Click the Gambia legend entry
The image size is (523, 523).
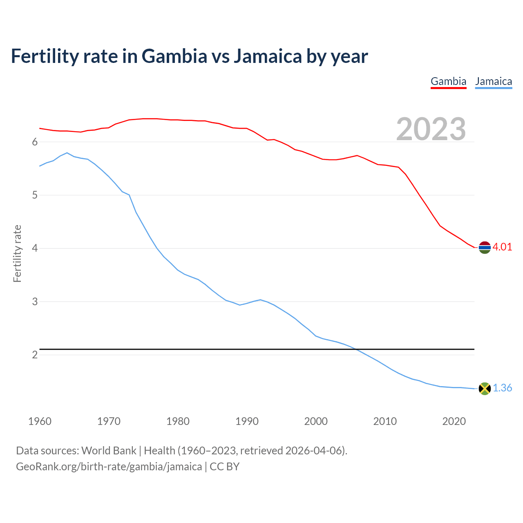(x=448, y=81)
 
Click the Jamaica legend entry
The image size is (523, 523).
(x=494, y=81)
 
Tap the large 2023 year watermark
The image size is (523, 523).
(x=431, y=129)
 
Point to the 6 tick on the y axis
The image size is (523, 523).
(x=35, y=142)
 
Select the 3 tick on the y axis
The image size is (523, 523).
(x=35, y=302)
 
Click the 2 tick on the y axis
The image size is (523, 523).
(x=35, y=355)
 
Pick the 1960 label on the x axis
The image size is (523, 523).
(x=40, y=421)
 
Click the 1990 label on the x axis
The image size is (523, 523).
(x=247, y=421)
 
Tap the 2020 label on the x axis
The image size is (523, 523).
(x=454, y=421)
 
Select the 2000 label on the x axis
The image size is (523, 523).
(x=316, y=421)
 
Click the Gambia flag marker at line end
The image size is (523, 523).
(x=485, y=247)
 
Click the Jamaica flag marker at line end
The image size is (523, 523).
(x=485, y=389)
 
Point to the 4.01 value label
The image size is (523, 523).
(x=502, y=247)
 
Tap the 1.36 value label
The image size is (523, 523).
(x=502, y=388)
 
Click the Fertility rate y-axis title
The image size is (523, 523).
(x=17, y=253)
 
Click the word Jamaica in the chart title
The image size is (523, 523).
(x=268, y=56)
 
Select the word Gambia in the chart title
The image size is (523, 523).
(x=174, y=56)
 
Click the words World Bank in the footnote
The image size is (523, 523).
(x=109, y=451)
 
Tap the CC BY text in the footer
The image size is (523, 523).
(x=224, y=467)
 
